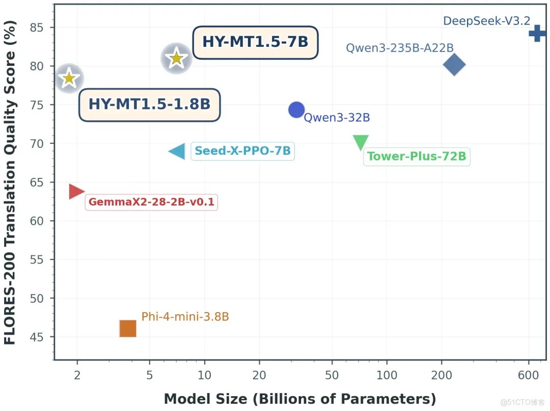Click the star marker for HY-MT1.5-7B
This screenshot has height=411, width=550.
[x=176, y=59]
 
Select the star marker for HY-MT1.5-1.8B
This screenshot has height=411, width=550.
[x=69, y=79]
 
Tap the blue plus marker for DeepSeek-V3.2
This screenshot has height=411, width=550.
[x=537, y=34]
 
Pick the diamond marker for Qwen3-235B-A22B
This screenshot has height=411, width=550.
[x=454, y=65]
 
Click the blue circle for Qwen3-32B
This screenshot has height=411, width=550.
[x=296, y=110]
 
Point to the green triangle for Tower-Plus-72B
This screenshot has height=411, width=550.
[x=361, y=142]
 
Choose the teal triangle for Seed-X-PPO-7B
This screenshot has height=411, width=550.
[x=178, y=151]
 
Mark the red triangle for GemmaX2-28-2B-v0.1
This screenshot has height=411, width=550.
[x=76, y=191]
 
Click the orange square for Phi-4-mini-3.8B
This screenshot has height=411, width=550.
[x=128, y=329]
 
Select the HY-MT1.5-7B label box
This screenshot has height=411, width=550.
[x=255, y=42]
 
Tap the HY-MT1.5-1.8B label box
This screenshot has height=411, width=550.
[x=149, y=105]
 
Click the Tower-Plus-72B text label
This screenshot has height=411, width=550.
[x=417, y=157]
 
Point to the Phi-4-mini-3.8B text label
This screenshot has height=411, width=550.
[x=185, y=317]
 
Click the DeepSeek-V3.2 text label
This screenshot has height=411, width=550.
[x=486, y=21]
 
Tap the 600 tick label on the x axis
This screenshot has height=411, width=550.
[x=529, y=376]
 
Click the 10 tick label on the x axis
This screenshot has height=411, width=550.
[x=204, y=376]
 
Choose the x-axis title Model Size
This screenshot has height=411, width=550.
[x=300, y=399]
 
